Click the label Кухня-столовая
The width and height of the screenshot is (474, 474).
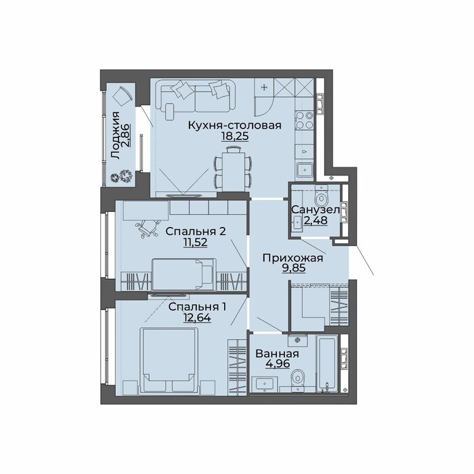coord(234,125)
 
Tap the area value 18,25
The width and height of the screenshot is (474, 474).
coord(235,136)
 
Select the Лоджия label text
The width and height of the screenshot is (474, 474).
coord(115,135)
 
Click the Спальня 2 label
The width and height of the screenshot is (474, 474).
coord(196,232)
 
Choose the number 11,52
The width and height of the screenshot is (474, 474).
coord(195,242)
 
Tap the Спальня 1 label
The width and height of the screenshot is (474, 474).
coord(197,307)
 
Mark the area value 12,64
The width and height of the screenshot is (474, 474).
coord(197,318)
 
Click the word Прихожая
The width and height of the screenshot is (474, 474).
coord(293,258)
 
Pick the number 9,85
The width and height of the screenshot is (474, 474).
coord(293,268)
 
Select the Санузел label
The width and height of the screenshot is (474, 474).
coord(316,209)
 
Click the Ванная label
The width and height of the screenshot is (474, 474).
coord(277,353)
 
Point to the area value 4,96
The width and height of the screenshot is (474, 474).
coord(278,364)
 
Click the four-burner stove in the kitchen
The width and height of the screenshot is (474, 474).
coord(305,120)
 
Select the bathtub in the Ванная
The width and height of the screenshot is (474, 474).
coord(327,363)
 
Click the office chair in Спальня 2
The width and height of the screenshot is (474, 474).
coord(148,228)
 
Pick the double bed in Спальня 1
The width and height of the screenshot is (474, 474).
coord(169,361)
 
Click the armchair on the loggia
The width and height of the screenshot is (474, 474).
coord(122,96)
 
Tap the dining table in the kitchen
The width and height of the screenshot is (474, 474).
coord(233,171)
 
